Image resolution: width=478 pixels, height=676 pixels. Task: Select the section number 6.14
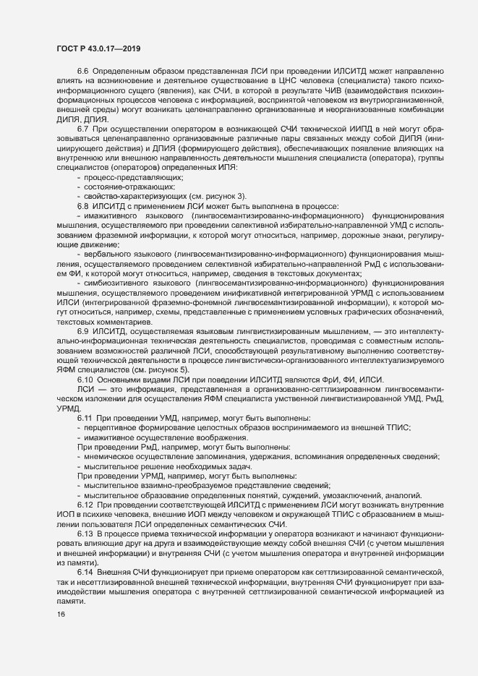coord(85,573)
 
